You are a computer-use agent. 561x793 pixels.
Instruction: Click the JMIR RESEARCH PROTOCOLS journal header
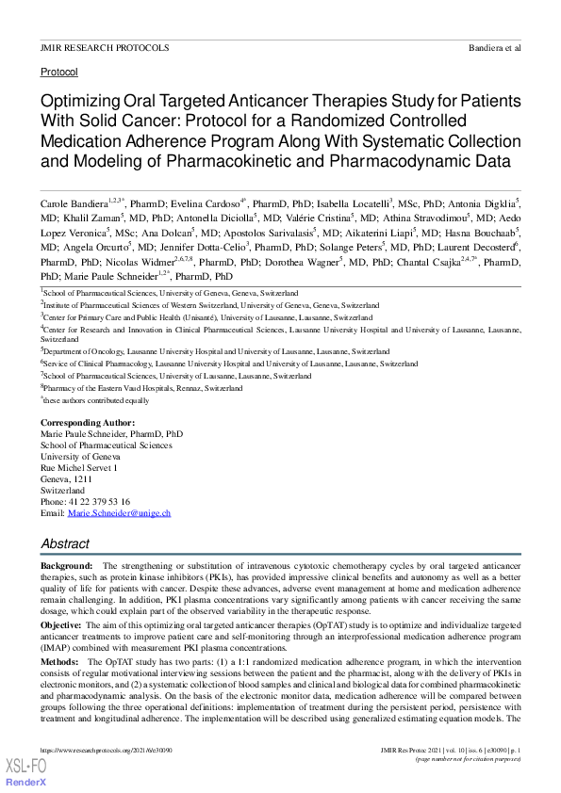tap(105, 47)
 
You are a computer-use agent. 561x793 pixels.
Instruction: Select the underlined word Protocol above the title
tap(58, 72)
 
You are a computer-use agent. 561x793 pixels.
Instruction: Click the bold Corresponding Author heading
tap(88, 423)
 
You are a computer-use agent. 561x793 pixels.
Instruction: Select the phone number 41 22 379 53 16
tap(99, 502)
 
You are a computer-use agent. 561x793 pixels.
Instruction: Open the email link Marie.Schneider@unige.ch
tap(119, 513)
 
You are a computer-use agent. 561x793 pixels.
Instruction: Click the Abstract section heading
tap(65, 544)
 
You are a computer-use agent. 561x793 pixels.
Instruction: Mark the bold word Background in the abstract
tap(66, 565)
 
